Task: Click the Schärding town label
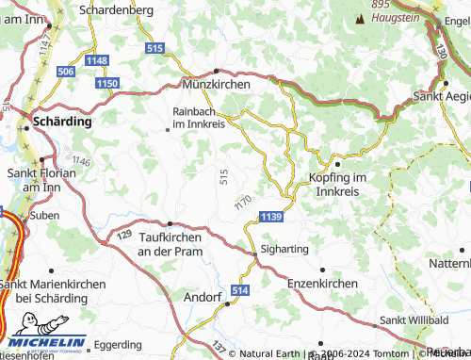[x=62, y=123]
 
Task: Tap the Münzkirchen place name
[x=217, y=85]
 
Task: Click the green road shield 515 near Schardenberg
[x=155, y=47]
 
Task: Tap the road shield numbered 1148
[x=97, y=61]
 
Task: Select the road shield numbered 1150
[x=107, y=84]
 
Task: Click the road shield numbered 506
[x=66, y=72]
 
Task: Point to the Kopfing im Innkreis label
[x=336, y=184]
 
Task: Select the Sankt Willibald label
[x=417, y=320]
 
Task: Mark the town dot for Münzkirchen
[x=216, y=71]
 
